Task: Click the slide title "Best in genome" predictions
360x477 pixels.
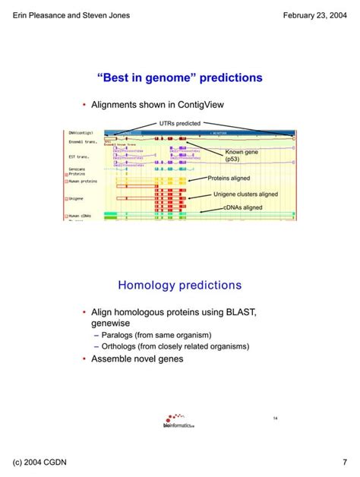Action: point(180,77)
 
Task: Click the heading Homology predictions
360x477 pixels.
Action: point(180,286)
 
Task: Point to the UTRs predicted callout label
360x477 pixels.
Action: point(180,123)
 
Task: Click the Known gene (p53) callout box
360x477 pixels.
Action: point(242,156)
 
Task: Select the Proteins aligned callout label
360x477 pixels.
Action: point(229,178)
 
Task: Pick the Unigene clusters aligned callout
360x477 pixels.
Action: point(245,194)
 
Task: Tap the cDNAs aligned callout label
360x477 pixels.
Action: point(242,207)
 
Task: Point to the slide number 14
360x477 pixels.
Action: point(276,419)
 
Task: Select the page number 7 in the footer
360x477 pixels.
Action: point(344,463)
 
